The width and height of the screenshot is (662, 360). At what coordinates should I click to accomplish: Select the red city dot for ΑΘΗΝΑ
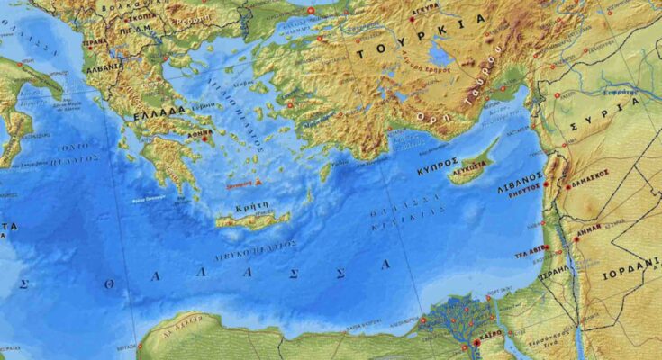point(205,139)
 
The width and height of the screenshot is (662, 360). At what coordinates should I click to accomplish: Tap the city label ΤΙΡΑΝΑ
point(94,41)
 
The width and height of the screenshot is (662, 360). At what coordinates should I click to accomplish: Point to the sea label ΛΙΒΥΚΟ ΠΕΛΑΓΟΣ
point(256,245)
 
